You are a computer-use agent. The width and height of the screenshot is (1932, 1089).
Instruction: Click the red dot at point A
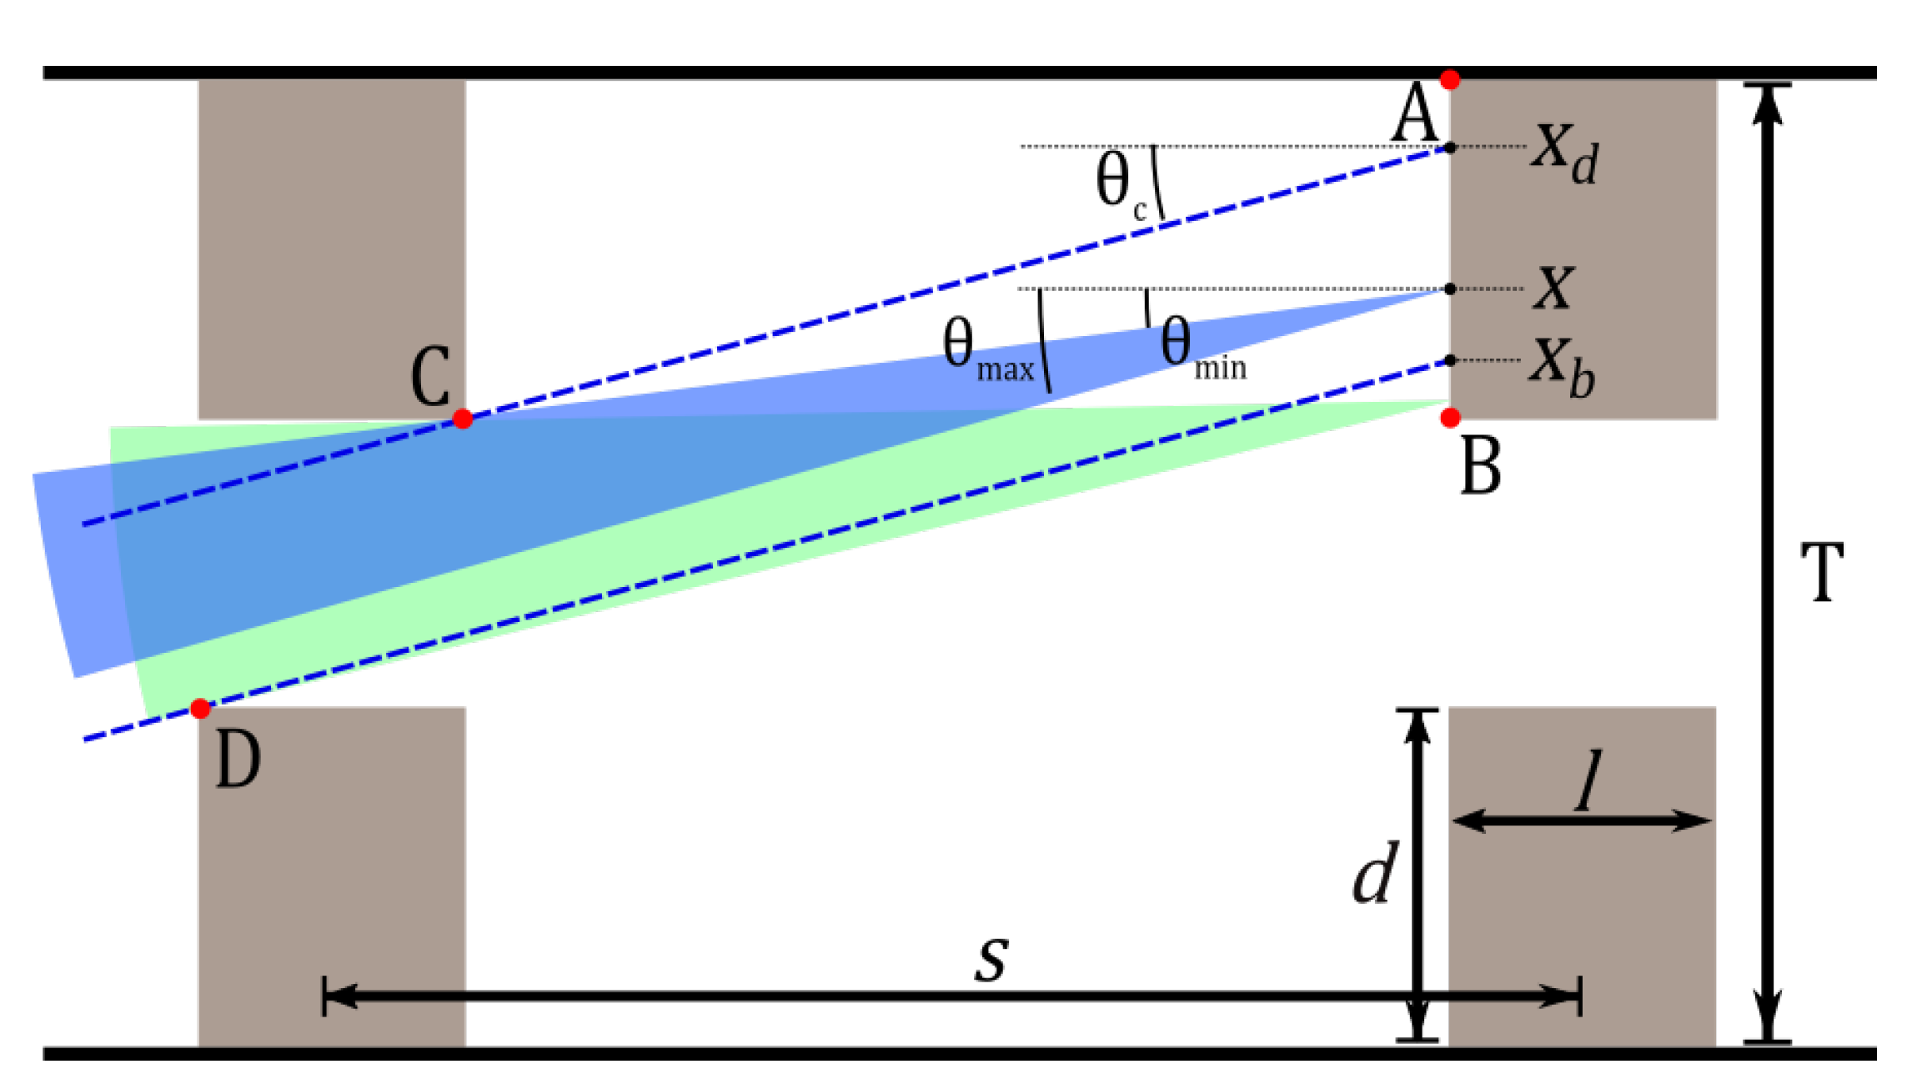1450,80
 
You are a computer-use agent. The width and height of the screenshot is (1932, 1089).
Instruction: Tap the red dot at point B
1450,418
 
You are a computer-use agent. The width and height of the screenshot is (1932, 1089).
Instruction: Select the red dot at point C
463,419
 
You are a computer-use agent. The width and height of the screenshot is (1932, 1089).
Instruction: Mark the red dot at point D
200,709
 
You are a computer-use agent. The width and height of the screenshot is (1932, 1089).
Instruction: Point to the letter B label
1481,467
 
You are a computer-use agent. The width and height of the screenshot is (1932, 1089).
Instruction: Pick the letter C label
430,377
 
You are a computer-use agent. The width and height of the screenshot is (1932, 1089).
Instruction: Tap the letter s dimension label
991,957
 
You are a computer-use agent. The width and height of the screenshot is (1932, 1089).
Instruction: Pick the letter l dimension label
1589,780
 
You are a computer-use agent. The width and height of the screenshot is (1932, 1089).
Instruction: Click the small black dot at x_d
1450,148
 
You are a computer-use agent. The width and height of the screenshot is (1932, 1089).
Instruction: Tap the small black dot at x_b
1450,360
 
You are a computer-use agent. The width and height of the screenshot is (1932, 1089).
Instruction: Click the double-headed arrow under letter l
1582,821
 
